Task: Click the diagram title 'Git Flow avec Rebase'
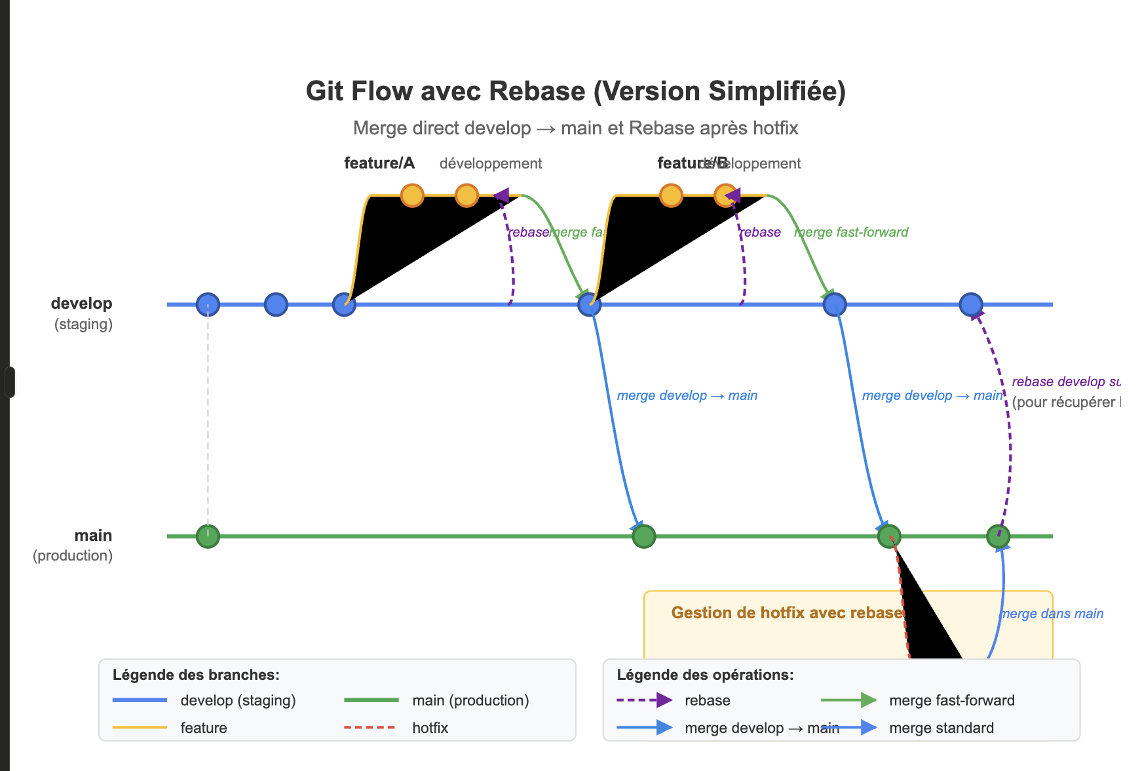575,92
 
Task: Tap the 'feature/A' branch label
379,163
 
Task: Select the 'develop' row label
82,304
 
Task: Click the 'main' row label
93,536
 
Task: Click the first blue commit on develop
208,304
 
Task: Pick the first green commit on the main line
208,536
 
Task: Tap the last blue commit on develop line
970,304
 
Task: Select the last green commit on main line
998,536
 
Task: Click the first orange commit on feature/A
412,195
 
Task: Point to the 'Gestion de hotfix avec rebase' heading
787,613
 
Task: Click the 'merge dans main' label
1052,614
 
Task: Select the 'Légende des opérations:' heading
705,675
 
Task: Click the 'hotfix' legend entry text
430,728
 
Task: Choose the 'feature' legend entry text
204,728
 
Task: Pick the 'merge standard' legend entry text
941,728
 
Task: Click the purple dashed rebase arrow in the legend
644,700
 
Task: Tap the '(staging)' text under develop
83,324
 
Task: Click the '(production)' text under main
73,555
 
